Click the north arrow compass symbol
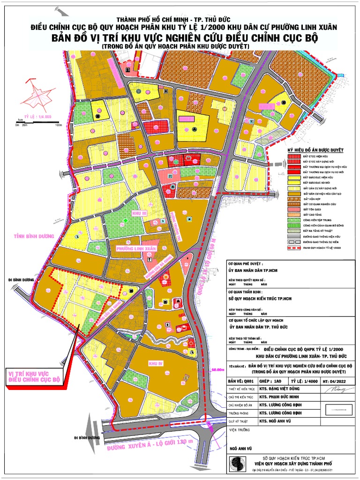[x=36, y=97]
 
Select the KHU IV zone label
[x=155, y=364]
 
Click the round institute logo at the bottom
[x=238, y=464]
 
